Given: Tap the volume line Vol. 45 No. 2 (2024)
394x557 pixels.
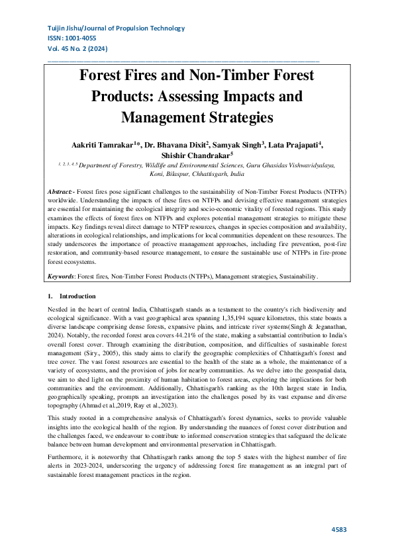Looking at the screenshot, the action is click(x=77, y=50).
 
